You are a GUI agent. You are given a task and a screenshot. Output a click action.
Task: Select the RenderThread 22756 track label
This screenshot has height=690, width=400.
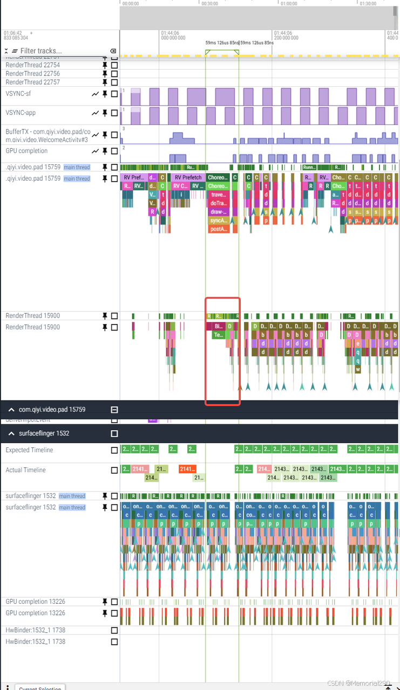[32, 73]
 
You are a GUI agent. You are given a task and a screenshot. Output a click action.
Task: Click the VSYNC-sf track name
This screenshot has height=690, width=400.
[18, 93]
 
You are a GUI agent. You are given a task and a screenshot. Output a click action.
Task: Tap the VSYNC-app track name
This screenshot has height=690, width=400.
[21, 113]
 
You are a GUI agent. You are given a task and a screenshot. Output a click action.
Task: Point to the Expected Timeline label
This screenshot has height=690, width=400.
[29, 450]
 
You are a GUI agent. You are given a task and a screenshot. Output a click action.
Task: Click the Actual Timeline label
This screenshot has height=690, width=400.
[25, 470]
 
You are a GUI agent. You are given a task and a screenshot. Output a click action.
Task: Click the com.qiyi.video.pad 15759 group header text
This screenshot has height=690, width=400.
[52, 410]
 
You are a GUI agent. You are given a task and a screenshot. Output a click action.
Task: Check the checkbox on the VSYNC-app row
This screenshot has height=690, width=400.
[114, 113]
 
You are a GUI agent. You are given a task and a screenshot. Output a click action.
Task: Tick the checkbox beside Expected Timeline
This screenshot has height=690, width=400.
[114, 450]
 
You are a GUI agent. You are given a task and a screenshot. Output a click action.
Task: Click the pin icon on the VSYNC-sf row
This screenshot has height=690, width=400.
[105, 94]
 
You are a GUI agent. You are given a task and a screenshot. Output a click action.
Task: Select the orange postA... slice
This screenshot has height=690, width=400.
[218, 229]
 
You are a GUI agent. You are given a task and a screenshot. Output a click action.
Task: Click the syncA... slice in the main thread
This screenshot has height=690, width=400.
[218, 220]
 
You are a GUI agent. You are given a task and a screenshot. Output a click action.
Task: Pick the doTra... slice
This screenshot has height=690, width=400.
[218, 203]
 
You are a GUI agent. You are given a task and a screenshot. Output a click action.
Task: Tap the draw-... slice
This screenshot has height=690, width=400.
[218, 212]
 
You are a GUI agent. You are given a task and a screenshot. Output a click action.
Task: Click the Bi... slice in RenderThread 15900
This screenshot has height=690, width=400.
[218, 326]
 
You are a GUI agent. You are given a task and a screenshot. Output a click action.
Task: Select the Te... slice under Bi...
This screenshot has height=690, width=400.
[218, 335]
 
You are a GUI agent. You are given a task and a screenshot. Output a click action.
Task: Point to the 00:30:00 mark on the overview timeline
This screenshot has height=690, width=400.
[209, 3]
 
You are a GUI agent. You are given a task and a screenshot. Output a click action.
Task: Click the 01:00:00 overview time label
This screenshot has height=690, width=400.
[289, 3]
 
